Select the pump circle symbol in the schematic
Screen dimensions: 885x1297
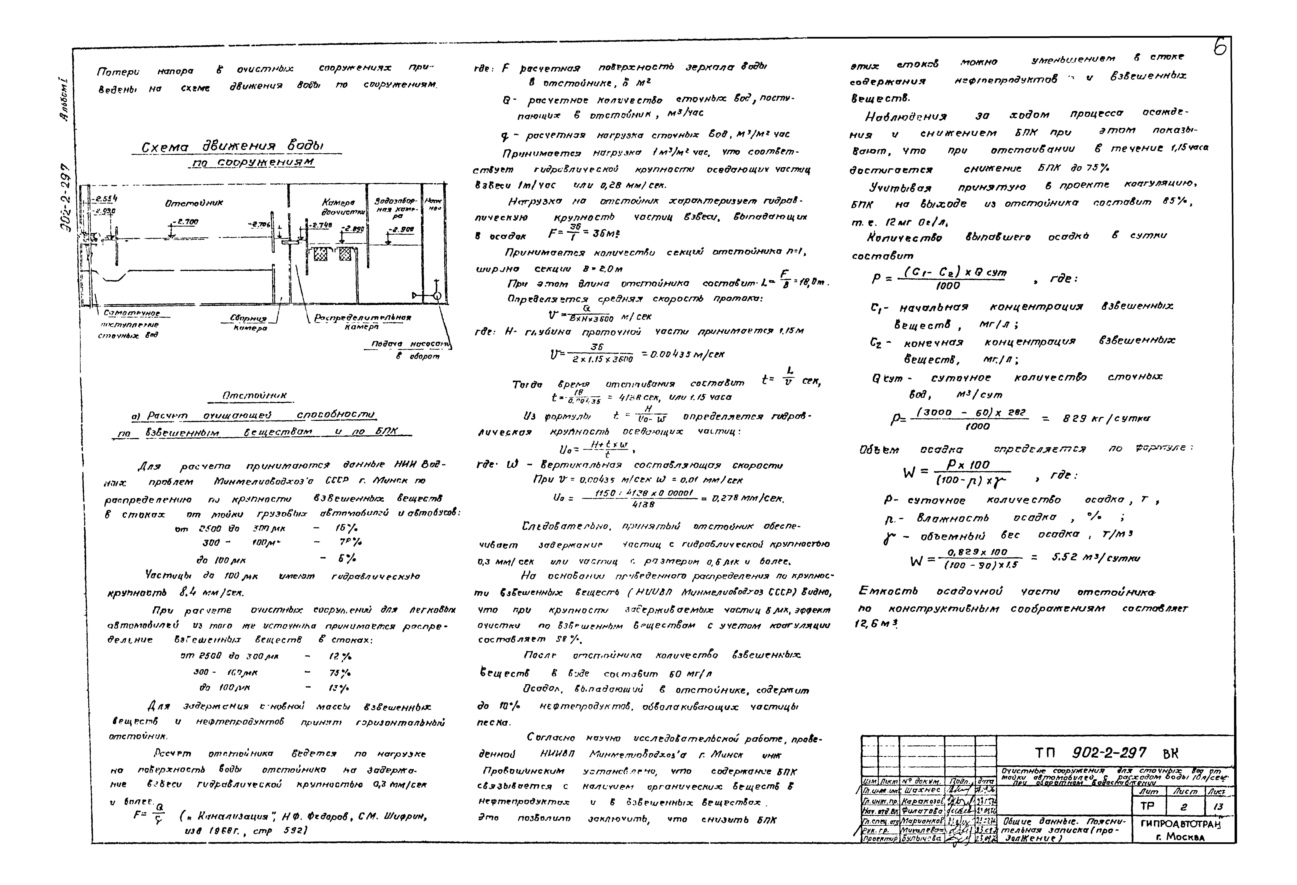coord(437,295)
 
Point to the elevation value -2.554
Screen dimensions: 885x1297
coord(106,199)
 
